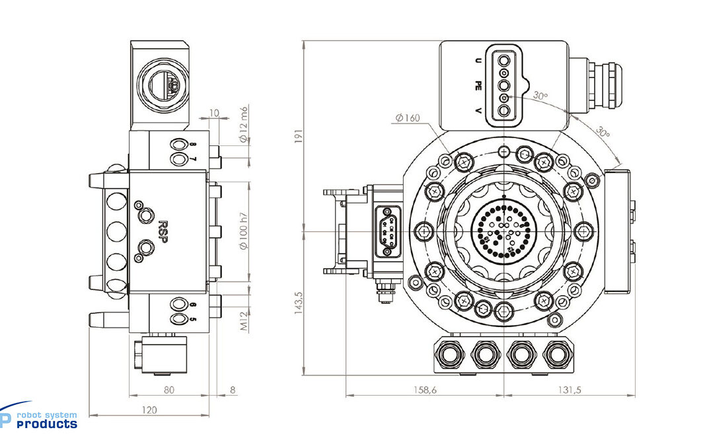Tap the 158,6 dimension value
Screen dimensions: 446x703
(x=424, y=390)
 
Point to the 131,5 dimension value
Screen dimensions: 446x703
(x=569, y=390)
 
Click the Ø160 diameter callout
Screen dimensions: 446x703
(x=408, y=118)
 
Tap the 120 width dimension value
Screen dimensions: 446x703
(x=149, y=410)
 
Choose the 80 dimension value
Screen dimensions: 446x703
(x=169, y=390)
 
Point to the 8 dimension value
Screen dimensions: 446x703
(x=233, y=390)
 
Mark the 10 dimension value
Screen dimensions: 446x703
(x=214, y=114)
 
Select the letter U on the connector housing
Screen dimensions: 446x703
(x=478, y=60)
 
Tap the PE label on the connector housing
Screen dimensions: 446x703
(x=478, y=85)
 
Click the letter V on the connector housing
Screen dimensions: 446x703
(x=478, y=110)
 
